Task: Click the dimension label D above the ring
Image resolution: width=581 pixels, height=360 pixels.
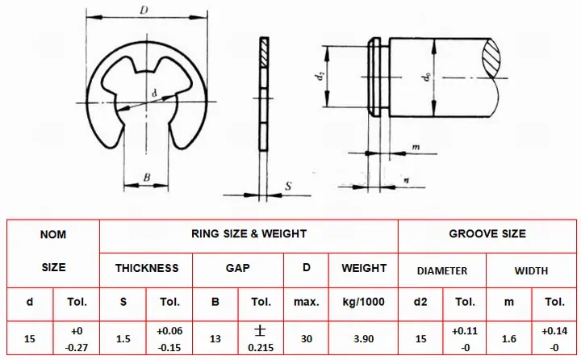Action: tap(144, 10)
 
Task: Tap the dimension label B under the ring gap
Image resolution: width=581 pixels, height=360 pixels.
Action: tap(147, 178)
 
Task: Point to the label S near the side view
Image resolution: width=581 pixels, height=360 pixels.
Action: tap(288, 186)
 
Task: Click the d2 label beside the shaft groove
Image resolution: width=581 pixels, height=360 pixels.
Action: tap(319, 77)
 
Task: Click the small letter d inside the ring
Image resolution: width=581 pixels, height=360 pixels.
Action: tap(154, 94)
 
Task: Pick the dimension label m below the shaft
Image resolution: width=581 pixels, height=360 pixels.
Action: tap(416, 147)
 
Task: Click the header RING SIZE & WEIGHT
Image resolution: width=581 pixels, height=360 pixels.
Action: tap(249, 234)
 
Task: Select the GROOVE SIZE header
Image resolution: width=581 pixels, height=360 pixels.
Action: tap(487, 234)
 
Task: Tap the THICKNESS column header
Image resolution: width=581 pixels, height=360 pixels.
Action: tap(147, 268)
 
